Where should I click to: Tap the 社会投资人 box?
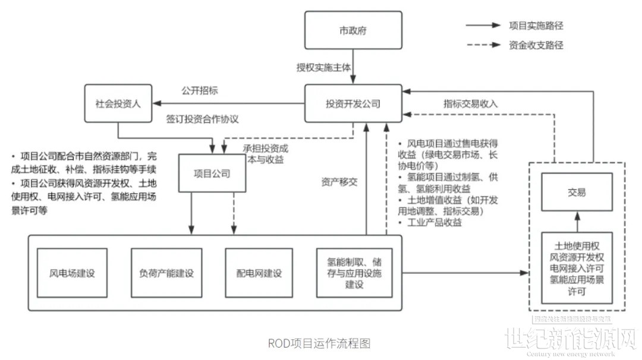118,104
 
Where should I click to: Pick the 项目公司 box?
212,173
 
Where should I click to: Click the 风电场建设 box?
73,273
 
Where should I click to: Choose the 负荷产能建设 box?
166,273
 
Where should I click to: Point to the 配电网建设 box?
260,273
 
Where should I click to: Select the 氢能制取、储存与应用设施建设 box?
354,273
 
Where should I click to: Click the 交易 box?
576,192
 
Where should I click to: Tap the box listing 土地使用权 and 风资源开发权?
576,268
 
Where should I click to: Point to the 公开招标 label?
199,91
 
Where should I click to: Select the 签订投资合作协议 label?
202,119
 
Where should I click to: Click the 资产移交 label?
339,182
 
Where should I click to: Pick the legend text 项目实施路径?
536,26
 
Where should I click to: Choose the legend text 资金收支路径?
536,45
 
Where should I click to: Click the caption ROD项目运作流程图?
319,343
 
